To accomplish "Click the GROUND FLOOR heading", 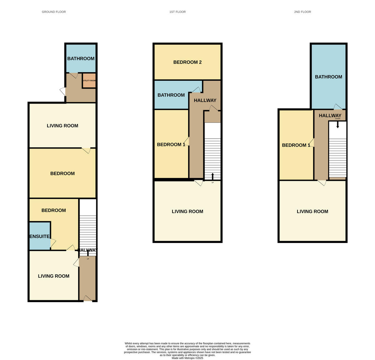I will click(x=54, y=12).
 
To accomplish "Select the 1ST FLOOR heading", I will click(x=177, y=12).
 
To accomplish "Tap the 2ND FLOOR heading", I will click(x=302, y=12).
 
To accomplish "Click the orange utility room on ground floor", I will click(x=89, y=80).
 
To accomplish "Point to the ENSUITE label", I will click(x=39, y=236).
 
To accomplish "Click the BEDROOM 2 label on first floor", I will click(x=187, y=62).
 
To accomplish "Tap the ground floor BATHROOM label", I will click(x=81, y=58).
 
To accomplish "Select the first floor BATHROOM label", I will click(x=171, y=95).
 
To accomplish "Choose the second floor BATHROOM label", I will click(x=328, y=77).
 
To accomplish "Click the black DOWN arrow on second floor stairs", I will click(x=337, y=125).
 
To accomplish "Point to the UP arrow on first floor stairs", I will click(x=212, y=176).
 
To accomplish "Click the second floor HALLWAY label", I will click(x=330, y=115).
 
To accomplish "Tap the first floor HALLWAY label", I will click(x=205, y=100).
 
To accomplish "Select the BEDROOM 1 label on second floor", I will click(x=296, y=145).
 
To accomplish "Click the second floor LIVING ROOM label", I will click(x=312, y=211).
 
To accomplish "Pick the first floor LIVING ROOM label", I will click(x=187, y=211).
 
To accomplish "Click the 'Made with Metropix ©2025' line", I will click(x=187, y=358).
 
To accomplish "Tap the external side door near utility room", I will click(x=63, y=92).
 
